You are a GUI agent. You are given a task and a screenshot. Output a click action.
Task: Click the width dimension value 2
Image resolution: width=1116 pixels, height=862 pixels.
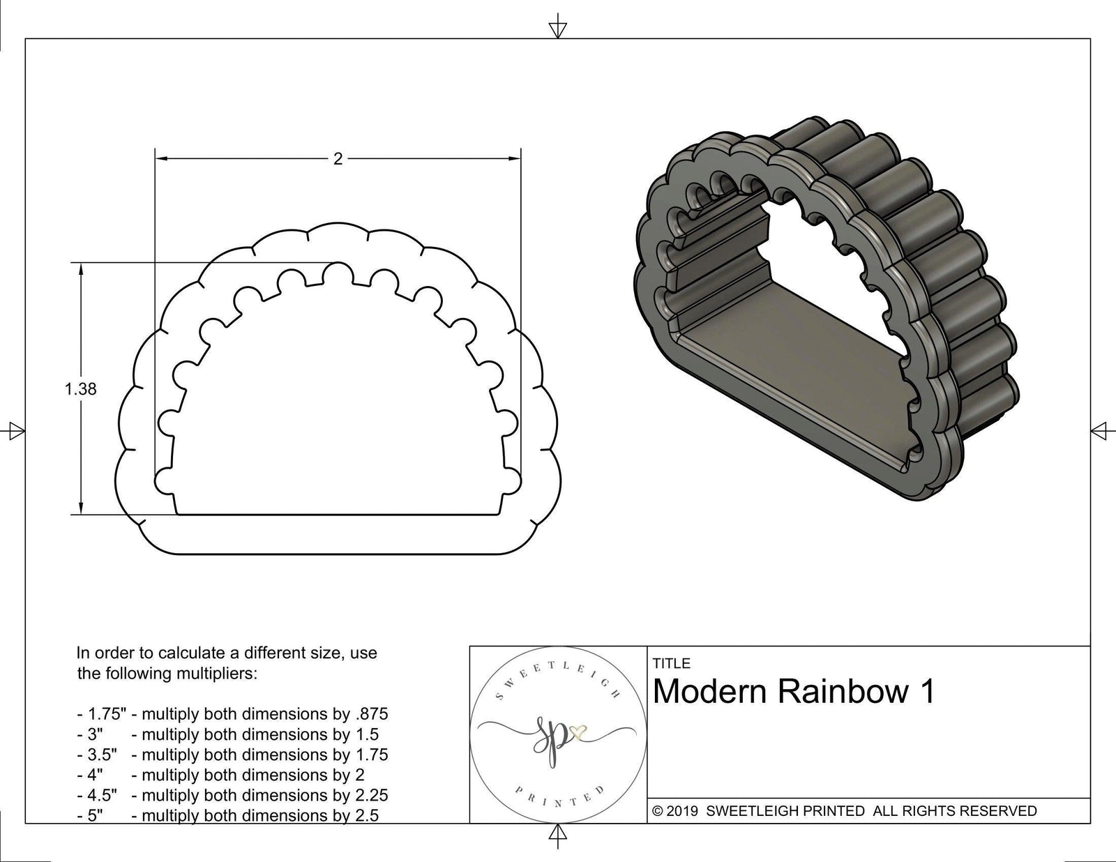click(x=338, y=159)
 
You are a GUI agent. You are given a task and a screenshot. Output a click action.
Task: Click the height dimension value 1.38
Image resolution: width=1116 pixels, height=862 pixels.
click(x=80, y=389)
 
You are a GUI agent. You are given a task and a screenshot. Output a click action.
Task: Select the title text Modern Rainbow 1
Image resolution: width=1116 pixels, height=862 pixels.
click(x=793, y=692)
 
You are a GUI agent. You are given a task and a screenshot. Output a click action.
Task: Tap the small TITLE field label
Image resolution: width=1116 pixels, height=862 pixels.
click(x=672, y=663)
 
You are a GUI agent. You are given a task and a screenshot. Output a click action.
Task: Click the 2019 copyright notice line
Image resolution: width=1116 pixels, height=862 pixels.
click(x=844, y=811)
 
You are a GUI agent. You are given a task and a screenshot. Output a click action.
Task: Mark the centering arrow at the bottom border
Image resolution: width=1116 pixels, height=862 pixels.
click(x=557, y=833)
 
